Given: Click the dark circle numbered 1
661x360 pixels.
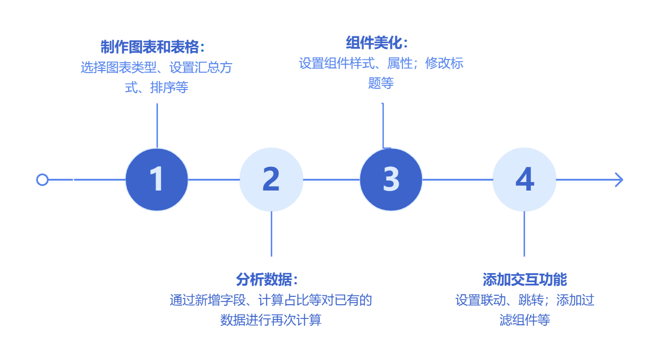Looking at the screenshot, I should pyautogui.click(x=156, y=179).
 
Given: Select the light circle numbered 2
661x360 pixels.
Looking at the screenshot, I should pyautogui.click(x=271, y=179).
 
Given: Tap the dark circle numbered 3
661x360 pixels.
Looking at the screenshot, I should pyautogui.click(x=391, y=179).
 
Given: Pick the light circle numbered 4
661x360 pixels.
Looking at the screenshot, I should pyautogui.click(x=524, y=179).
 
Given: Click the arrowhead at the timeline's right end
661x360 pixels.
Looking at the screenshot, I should pyautogui.click(x=618, y=179).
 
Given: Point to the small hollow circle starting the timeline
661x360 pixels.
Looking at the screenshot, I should pyautogui.click(x=42, y=179).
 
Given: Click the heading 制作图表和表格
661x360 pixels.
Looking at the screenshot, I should pyautogui.click(x=153, y=47).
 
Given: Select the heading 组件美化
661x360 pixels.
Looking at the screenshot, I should pyautogui.click(x=377, y=43).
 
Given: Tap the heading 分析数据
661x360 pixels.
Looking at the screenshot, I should pyautogui.click(x=268, y=279).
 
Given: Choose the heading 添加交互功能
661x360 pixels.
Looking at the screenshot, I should pyautogui.click(x=525, y=279).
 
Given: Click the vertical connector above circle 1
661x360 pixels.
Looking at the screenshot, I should pyautogui.click(x=157, y=125).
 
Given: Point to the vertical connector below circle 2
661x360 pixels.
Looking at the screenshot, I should pyautogui.click(x=271, y=234).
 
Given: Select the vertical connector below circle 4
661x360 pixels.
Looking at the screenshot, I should pyautogui.click(x=524, y=234).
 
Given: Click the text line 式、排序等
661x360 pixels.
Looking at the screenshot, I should pyautogui.click(x=156, y=87).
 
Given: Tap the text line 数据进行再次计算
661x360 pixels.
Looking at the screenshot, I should pyautogui.click(x=271, y=320).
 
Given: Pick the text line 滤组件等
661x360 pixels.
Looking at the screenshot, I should pyautogui.click(x=525, y=320).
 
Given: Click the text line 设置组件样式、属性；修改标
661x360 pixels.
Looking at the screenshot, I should pyautogui.click(x=381, y=64).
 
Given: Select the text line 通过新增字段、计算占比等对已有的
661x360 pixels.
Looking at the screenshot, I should pyautogui.click(x=271, y=300).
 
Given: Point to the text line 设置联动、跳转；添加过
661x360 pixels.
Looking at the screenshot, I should pyautogui.click(x=525, y=300).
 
